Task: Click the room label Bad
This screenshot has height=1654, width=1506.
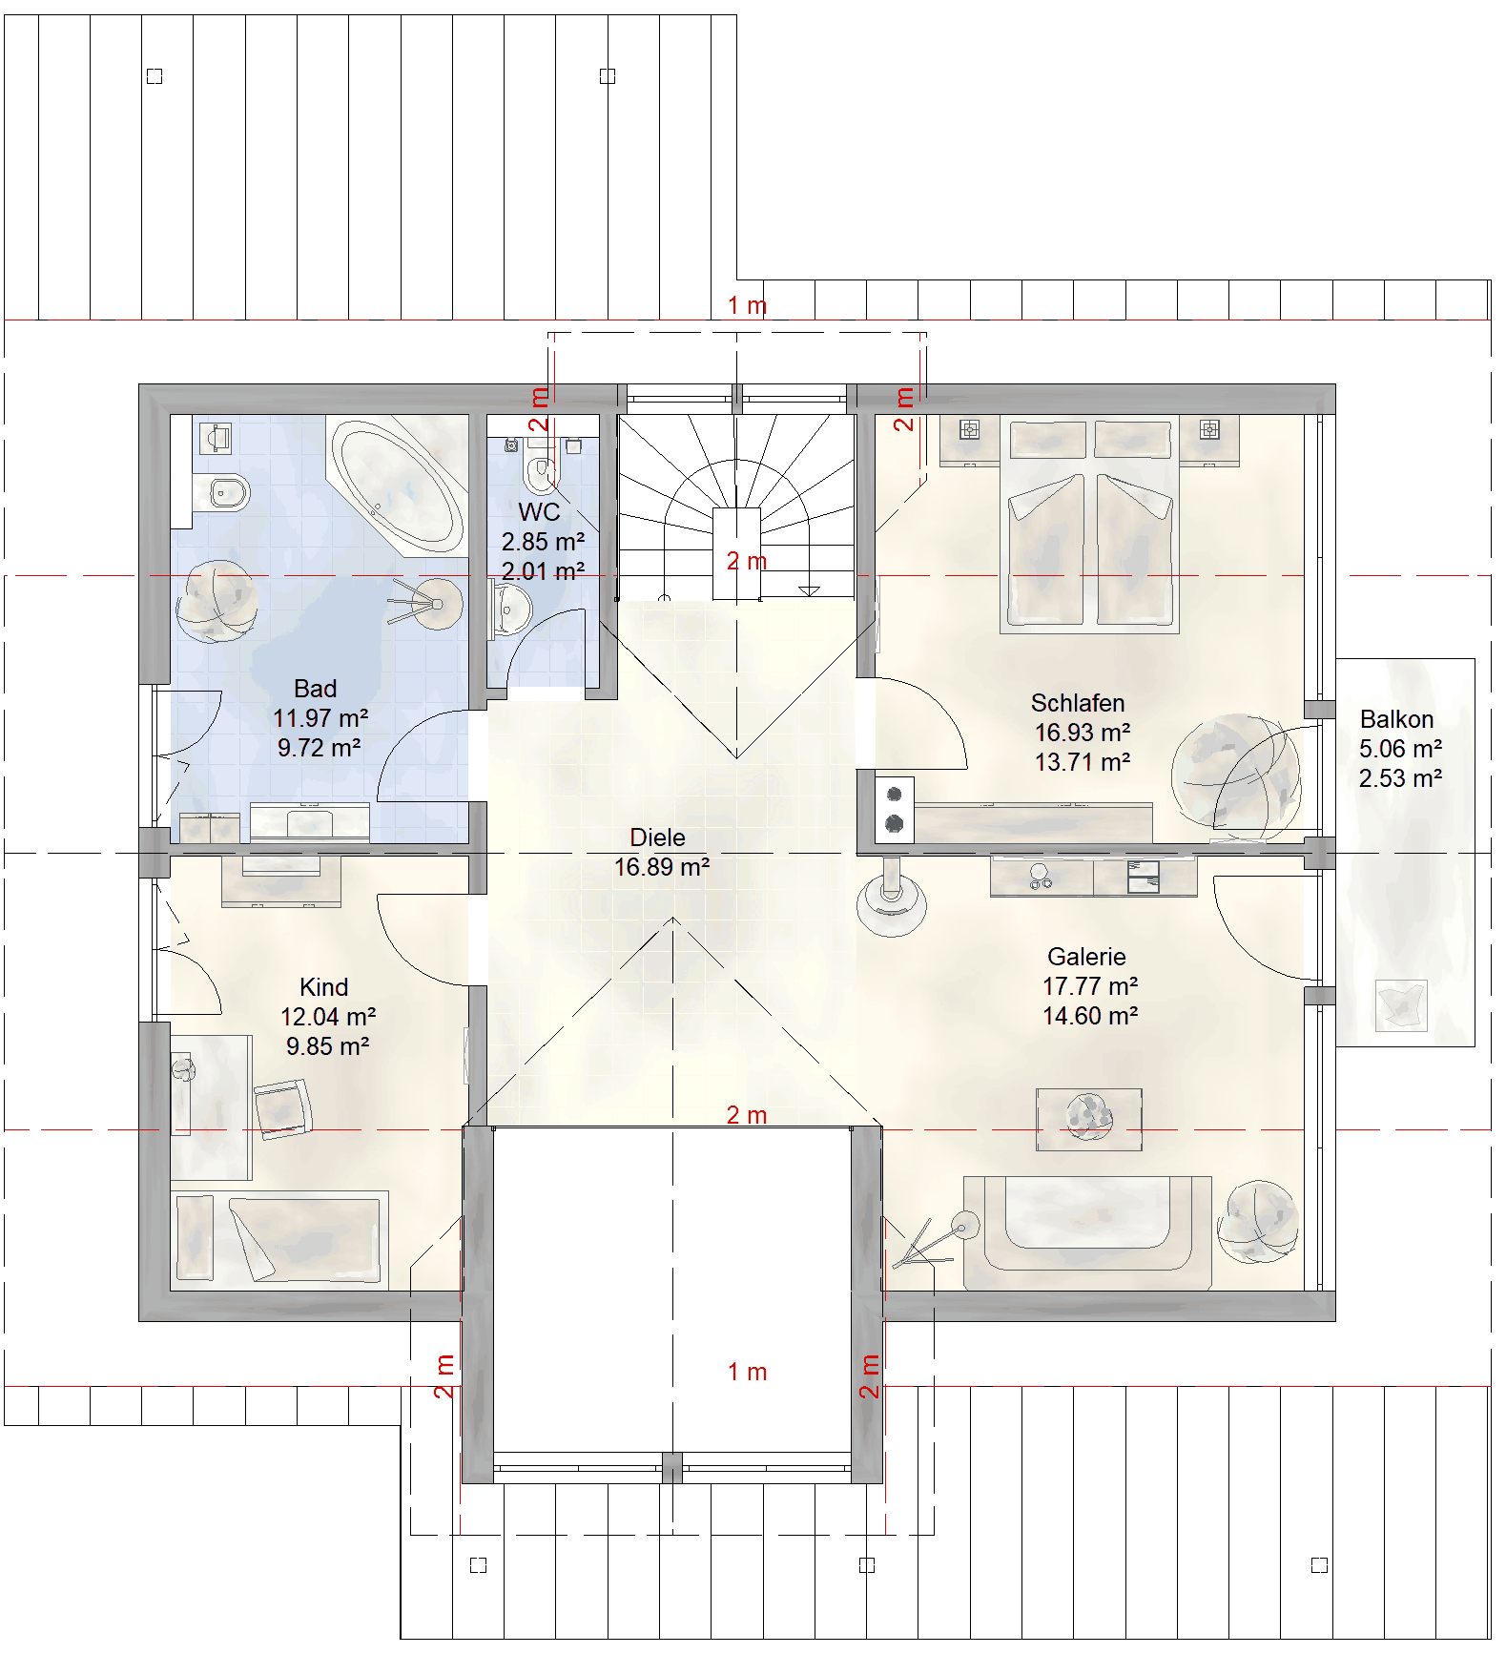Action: [315, 689]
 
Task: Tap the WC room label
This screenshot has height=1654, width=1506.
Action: [539, 512]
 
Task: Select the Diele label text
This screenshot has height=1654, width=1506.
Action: [657, 837]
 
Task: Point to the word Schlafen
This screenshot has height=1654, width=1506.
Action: [1078, 703]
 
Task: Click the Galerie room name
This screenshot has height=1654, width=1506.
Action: [1086, 957]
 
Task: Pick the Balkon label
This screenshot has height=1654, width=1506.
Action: [1396, 719]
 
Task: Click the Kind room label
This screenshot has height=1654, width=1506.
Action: [324, 987]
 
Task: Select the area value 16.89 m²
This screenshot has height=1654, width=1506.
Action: [662, 867]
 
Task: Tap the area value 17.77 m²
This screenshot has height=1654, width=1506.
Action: [1090, 986]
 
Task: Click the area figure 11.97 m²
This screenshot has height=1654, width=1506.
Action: [320, 718]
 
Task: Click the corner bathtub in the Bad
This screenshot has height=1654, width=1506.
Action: [398, 485]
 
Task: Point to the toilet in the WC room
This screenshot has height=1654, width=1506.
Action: [541, 467]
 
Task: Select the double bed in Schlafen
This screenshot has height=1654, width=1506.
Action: [1089, 525]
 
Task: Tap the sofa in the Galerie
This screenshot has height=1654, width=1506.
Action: [1087, 1232]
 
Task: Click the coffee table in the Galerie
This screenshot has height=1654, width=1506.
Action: [1089, 1119]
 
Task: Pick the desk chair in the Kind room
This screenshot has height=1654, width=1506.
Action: [283, 1109]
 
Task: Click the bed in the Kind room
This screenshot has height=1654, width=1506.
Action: [279, 1239]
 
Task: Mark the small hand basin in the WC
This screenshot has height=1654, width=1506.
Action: [510, 610]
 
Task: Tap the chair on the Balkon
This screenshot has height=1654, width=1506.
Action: [1401, 1005]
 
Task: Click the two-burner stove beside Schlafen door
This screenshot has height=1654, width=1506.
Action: [895, 809]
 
